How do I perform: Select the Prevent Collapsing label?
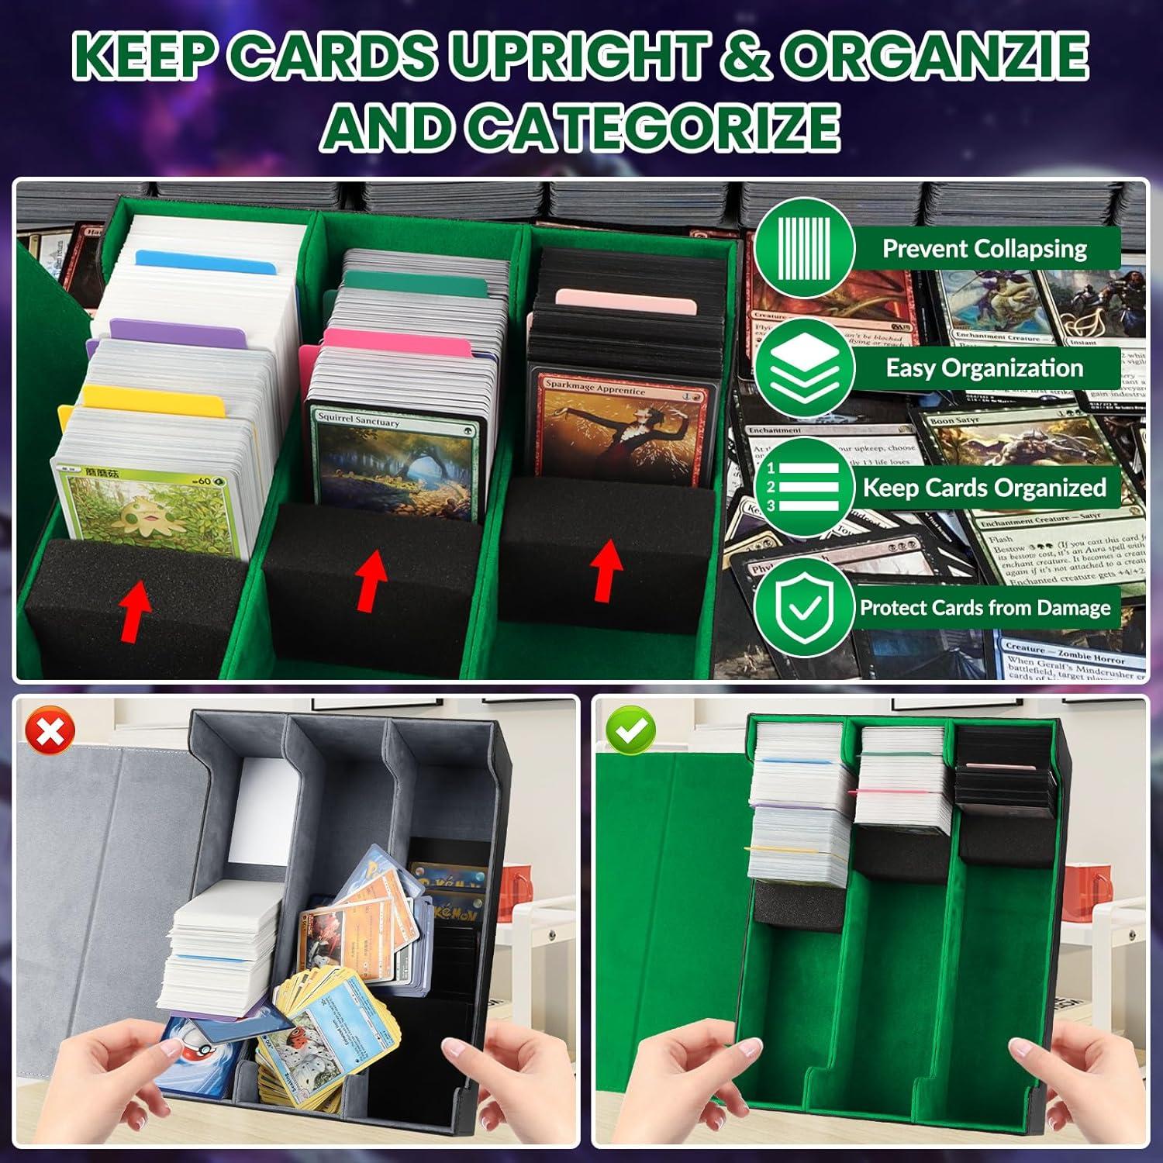(985, 249)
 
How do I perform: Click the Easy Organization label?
(985, 368)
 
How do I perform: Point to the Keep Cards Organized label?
(985, 488)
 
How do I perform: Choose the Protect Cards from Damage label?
(985, 607)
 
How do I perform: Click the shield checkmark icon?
(804, 607)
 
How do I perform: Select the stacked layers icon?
(804, 368)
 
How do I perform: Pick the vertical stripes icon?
(804, 249)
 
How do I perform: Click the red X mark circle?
(50, 731)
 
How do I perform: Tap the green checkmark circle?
(631, 731)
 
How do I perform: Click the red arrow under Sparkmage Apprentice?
(607, 570)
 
